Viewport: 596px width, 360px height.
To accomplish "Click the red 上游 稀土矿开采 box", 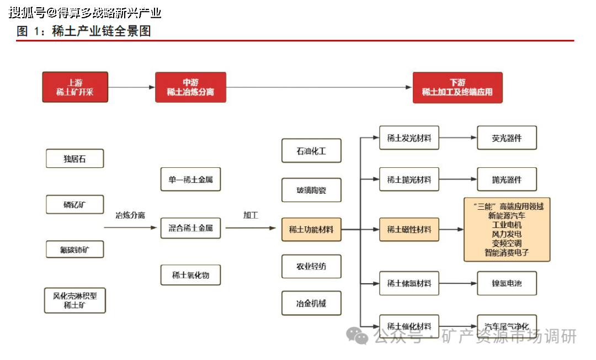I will point(75,87).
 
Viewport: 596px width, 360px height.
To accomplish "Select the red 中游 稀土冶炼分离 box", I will point(190,87).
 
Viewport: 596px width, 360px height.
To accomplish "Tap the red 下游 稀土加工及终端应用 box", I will point(457,87).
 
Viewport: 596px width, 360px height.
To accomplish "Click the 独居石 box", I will point(74,159).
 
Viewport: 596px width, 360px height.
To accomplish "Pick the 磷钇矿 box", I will point(74,205).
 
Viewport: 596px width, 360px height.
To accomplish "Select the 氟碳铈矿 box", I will point(74,250).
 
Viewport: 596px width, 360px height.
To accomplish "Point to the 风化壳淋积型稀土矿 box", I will point(74,300).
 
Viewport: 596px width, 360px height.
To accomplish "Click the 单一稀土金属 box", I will point(190,179).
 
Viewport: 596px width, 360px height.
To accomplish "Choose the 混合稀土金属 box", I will point(190,227).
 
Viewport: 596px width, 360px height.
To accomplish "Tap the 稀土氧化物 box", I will point(190,274).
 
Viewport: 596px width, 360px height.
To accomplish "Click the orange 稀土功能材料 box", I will point(311,229).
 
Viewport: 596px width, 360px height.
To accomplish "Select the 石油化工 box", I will point(311,151).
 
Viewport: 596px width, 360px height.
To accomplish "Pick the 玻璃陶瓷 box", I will point(311,190).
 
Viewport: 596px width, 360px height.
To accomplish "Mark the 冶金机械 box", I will point(311,303).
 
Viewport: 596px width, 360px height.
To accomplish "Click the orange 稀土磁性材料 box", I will point(409,229).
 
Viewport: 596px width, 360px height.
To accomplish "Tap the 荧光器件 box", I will point(507,138).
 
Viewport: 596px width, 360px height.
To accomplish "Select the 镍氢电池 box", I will point(507,283).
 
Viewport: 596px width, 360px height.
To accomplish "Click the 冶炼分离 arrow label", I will point(130,215).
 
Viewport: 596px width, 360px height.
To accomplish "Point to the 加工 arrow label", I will point(251,215).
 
